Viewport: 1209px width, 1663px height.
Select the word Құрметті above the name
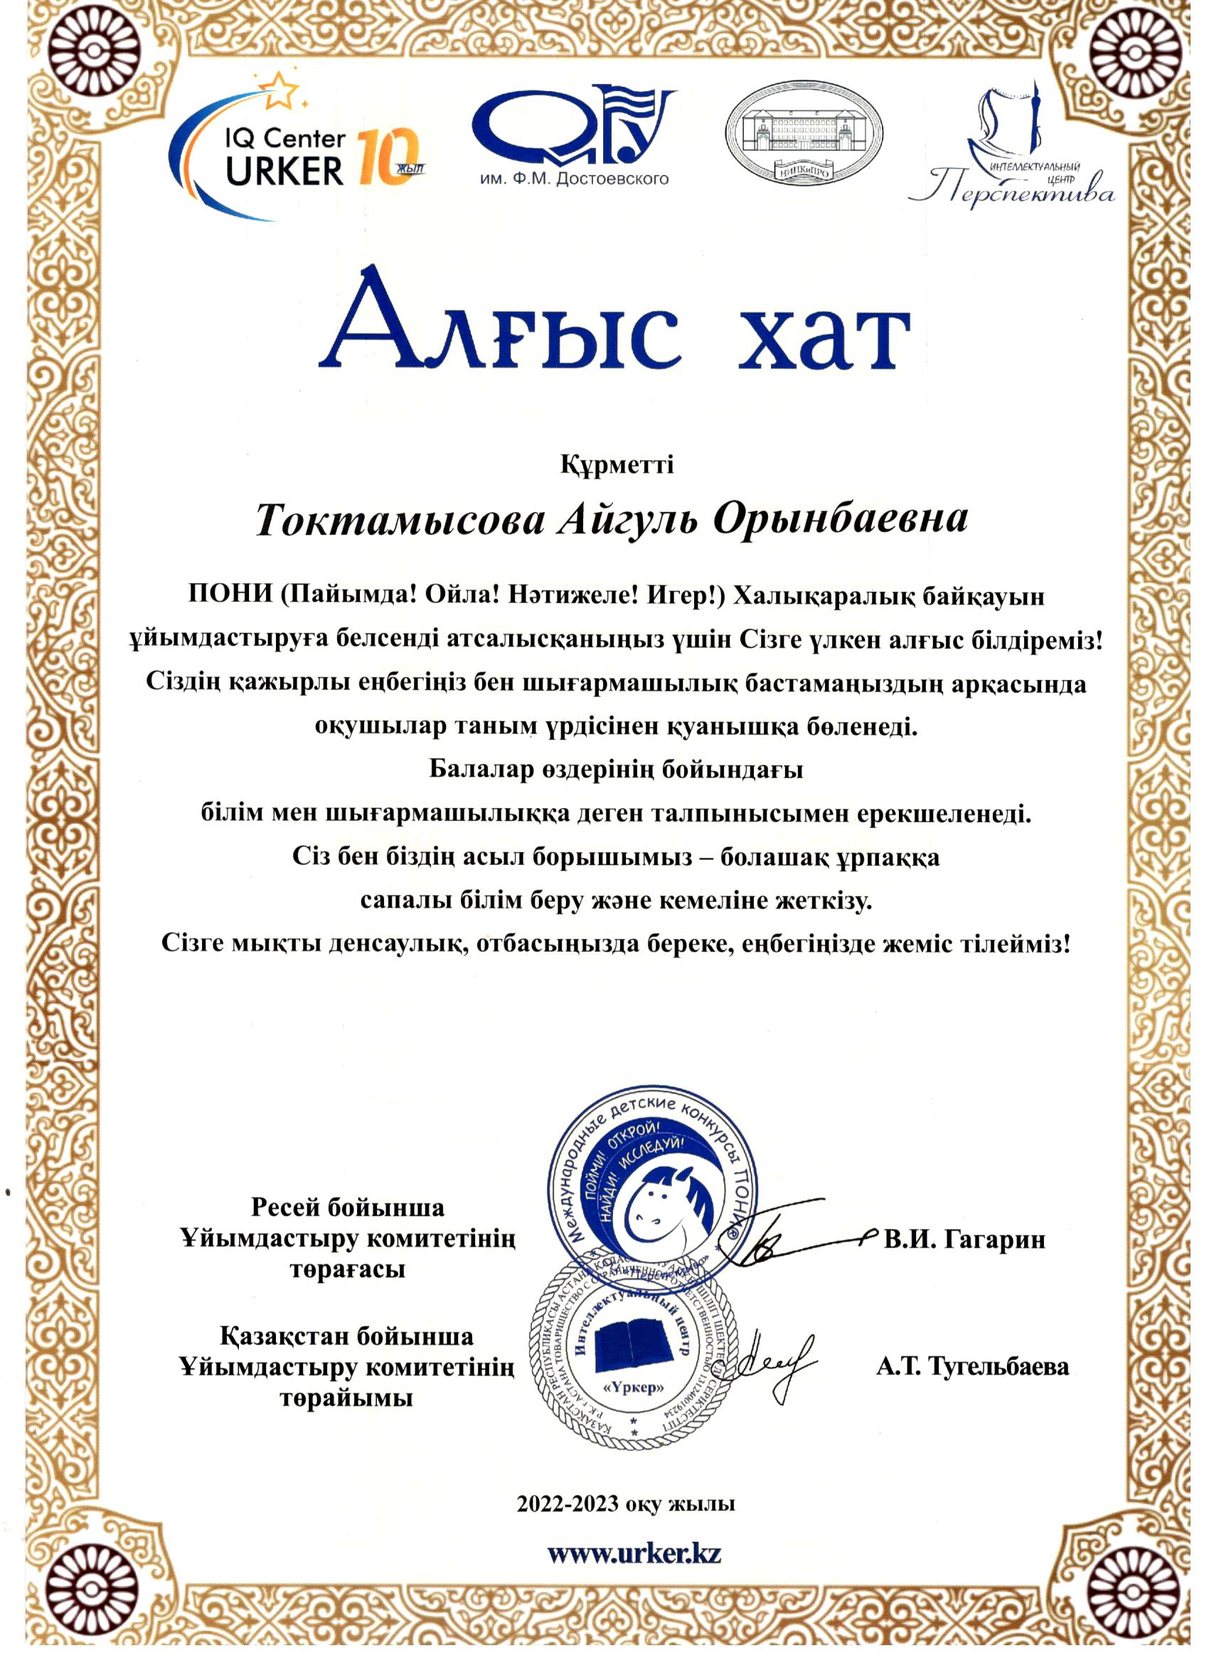617,466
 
